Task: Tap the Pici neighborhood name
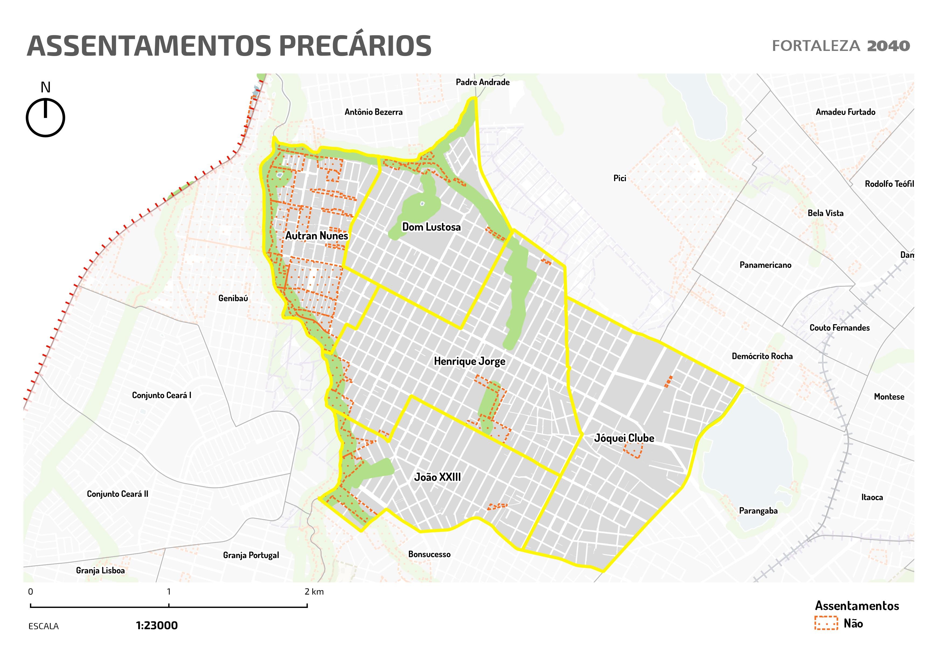tap(619, 178)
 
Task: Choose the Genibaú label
tap(233, 298)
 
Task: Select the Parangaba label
tap(758, 511)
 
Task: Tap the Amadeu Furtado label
tap(845, 112)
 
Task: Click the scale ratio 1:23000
tap(157, 626)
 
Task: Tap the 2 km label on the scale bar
tap(314, 592)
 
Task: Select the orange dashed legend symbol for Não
tap(826, 623)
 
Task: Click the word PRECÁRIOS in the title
tap(355, 46)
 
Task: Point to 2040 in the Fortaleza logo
tap(888, 46)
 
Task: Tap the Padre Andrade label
tap(482, 82)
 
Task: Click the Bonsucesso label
tap(429, 555)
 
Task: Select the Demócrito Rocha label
tap(762, 356)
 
